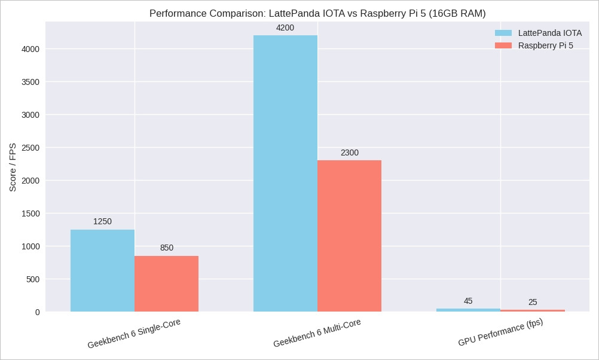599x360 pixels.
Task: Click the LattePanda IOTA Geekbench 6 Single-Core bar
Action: coord(102,270)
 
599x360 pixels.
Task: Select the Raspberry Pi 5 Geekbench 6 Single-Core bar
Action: coord(166,283)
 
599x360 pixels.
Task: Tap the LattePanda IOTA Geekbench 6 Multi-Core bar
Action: coord(285,173)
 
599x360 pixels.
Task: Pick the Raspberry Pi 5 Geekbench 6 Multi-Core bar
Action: coord(349,236)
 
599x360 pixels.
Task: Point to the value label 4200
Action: coord(285,28)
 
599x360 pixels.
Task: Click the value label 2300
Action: coord(350,153)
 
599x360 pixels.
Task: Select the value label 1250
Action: coord(102,222)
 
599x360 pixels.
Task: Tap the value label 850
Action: coord(167,248)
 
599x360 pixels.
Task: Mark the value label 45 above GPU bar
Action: coord(468,301)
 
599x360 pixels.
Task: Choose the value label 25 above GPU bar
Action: coord(533,303)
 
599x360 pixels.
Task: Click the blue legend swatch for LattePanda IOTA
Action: coord(503,33)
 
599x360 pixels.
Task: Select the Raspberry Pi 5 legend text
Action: coord(545,46)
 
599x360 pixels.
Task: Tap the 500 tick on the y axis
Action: coord(33,279)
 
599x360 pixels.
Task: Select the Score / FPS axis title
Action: coord(13,167)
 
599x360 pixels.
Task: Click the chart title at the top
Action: coord(317,13)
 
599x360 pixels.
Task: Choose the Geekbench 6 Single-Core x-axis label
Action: coord(134,333)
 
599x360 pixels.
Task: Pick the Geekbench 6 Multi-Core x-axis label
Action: coord(317,333)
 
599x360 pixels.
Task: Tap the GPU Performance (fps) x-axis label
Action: coord(500,332)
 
